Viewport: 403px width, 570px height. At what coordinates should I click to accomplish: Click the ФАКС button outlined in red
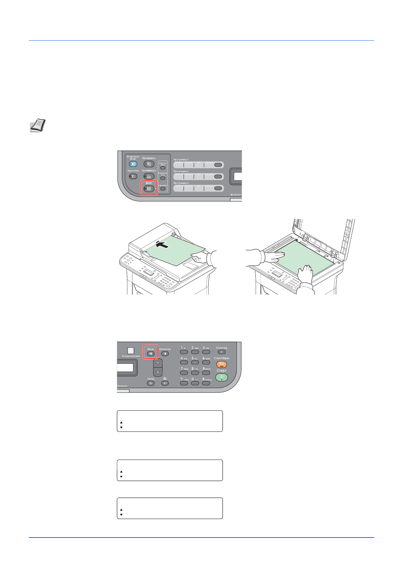[149, 189]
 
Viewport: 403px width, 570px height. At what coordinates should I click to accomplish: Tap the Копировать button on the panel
[149, 164]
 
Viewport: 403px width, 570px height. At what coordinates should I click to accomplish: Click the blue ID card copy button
[133, 164]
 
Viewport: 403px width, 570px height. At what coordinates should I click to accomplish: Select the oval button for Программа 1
[218, 165]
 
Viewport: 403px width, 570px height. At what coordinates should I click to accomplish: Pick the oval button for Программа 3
[218, 188]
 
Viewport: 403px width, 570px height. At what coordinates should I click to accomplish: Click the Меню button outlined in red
[151, 354]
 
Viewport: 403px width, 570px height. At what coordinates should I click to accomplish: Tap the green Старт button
[221, 377]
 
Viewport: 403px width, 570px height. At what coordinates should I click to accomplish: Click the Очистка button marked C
[221, 352]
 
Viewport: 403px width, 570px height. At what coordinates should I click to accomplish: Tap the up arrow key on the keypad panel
[158, 363]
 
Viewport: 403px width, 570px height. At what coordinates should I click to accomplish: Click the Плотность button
[165, 354]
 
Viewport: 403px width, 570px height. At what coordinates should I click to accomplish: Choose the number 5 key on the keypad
[195, 363]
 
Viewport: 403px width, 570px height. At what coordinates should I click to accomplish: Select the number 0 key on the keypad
[195, 383]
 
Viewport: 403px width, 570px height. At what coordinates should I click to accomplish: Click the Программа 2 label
[181, 171]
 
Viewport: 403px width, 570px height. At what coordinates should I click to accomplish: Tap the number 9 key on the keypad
[206, 373]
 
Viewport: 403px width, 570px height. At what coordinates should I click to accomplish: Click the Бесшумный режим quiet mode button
[131, 351]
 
